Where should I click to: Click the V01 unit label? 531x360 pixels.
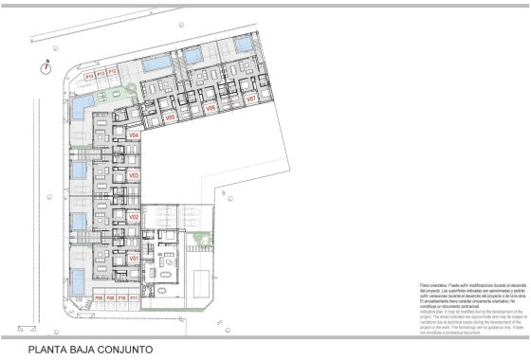pyautogui.click(x=134, y=259)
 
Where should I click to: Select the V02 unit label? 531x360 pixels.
pyautogui.click(x=134, y=217)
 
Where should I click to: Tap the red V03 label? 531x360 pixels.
pyautogui.click(x=134, y=175)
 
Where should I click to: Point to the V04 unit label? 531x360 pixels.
pyautogui.click(x=134, y=136)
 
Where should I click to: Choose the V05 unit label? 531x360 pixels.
pyautogui.click(x=171, y=117)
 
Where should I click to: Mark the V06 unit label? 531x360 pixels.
pyautogui.click(x=211, y=108)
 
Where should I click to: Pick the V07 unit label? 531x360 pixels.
pyautogui.click(x=251, y=99)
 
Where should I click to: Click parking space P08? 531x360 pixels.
pyautogui.click(x=98, y=298)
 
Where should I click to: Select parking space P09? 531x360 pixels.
pyautogui.click(x=109, y=298)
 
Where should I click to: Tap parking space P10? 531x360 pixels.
pyautogui.click(x=121, y=298)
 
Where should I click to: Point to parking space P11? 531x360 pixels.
pyautogui.click(x=134, y=298)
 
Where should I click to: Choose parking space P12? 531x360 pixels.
pyautogui.click(x=112, y=72)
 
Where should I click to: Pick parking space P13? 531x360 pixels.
pyautogui.click(x=101, y=72)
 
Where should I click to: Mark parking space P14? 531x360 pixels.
pyautogui.click(x=89, y=72)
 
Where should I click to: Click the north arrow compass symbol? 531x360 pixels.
pyautogui.click(x=45, y=65)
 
